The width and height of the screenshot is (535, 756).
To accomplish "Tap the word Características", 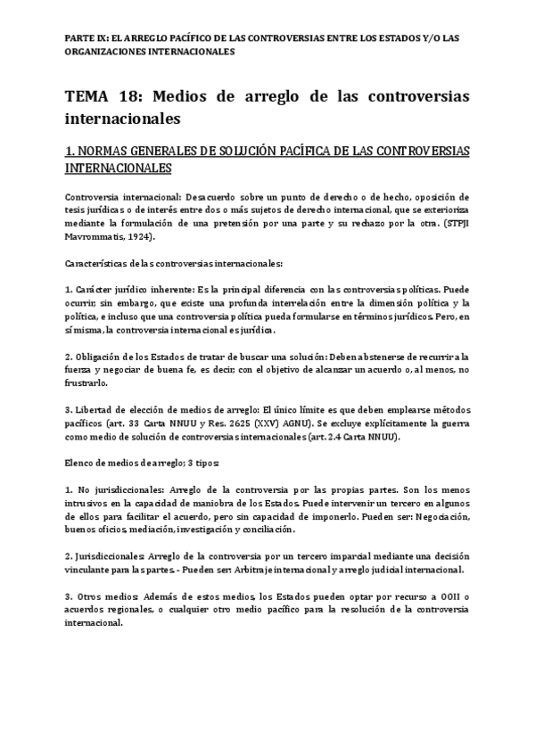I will (x=99, y=264).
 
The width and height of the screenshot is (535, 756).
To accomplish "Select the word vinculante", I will (x=90, y=568).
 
